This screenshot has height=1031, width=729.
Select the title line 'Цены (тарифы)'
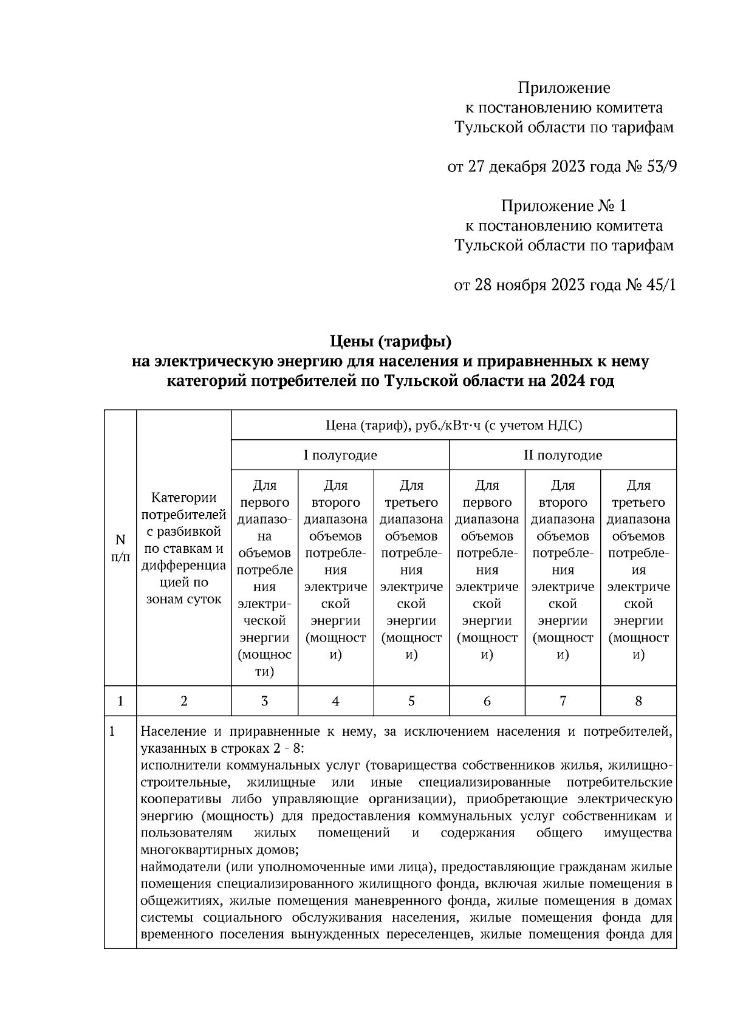pos(391,342)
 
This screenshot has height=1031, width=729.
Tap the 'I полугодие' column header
pos(340,455)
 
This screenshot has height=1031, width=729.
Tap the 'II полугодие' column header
pos(563,455)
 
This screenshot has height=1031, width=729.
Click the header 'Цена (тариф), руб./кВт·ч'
pos(453,425)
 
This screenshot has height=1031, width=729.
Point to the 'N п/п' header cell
pos(120,547)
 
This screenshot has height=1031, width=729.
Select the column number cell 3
pos(264,701)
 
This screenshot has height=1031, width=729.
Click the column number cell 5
pos(411,701)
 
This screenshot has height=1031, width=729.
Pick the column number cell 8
pos(638,701)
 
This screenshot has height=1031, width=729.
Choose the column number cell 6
pos(487,701)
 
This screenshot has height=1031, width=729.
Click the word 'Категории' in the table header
pos(183,498)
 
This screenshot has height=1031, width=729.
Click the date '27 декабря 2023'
pos(525,167)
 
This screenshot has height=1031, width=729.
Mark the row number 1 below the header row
pos(112,731)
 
